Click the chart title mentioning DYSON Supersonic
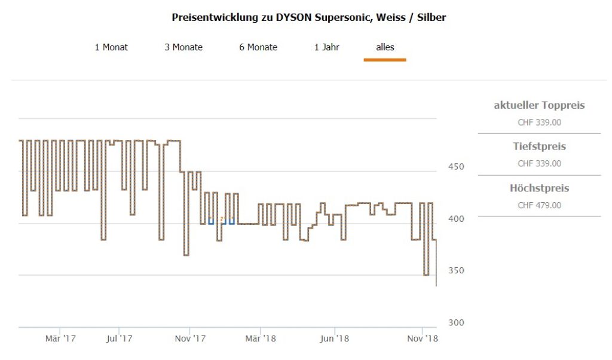(x=308, y=17)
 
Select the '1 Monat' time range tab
(x=111, y=47)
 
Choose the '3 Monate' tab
(x=183, y=47)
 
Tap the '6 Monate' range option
(x=258, y=47)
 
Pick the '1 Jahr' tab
(x=327, y=47)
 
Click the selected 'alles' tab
(x=385, y=47)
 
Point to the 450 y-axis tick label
(x=457, y=167)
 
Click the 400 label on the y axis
(x=457, y=219)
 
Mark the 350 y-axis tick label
(x=457, y=271)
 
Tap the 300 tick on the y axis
(x=457, y=323)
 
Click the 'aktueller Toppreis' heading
(x=539, y=106)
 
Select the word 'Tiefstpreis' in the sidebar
(x=539, y=147)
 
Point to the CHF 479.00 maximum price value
(x=539, y=205)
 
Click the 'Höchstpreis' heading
(x=539, y=188)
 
